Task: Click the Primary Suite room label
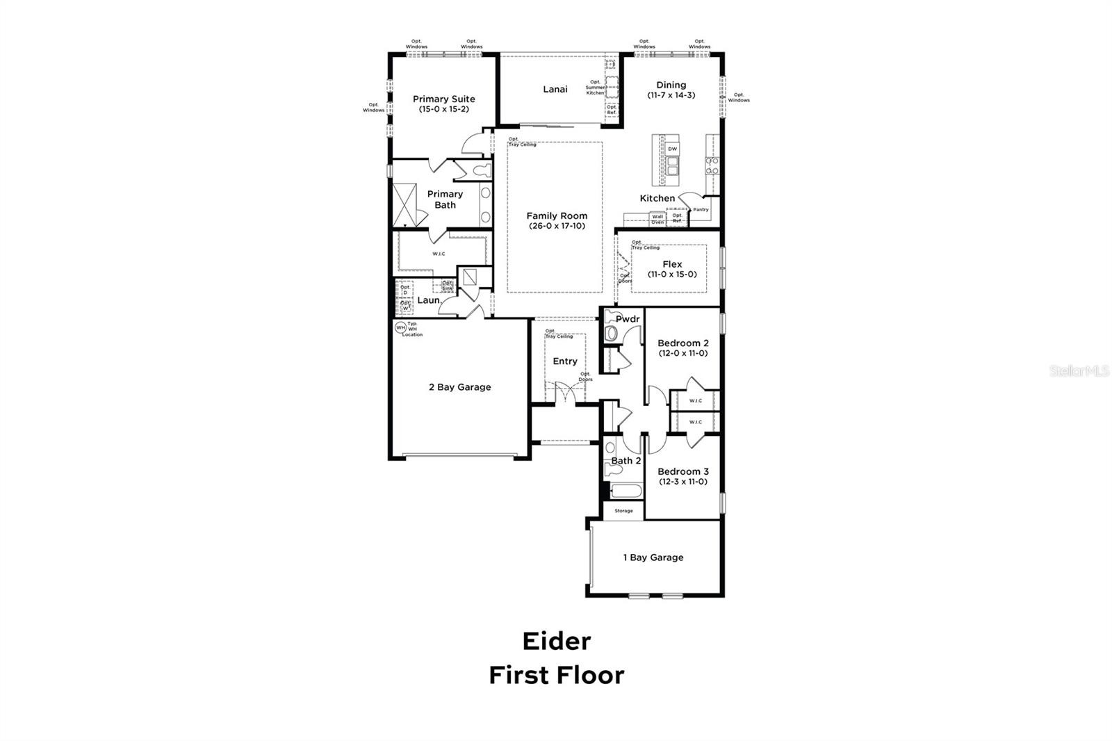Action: (443, 99)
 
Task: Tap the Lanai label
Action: (555, 89)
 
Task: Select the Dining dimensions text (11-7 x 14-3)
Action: (671, 95)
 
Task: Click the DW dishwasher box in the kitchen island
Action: (672, 149)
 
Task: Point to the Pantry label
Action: (701, 209)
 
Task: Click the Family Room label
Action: (556, 216)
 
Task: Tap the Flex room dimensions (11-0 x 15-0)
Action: (672, 275)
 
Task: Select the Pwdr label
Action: (627, 319)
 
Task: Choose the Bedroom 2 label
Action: (682, 343)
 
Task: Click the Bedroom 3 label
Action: (682, 472)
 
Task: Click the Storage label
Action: (623, 511)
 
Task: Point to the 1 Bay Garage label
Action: (653, 557)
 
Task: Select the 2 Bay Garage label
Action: (459, 387)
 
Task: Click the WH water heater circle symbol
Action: (400, 327)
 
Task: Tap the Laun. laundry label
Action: (429, 300)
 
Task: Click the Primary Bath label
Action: (445, 199)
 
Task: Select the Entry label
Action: (564, 361)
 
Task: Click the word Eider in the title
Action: (556, 641)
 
